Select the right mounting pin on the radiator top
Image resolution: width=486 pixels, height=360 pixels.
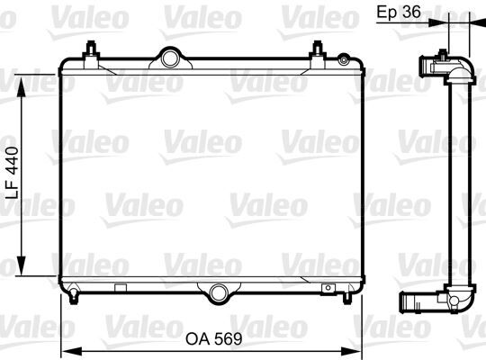click(x=319, y=50)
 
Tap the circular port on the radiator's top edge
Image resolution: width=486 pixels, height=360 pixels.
click(x=167, y=58)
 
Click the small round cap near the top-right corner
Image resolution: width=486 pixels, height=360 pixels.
click(x=342, y=59)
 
